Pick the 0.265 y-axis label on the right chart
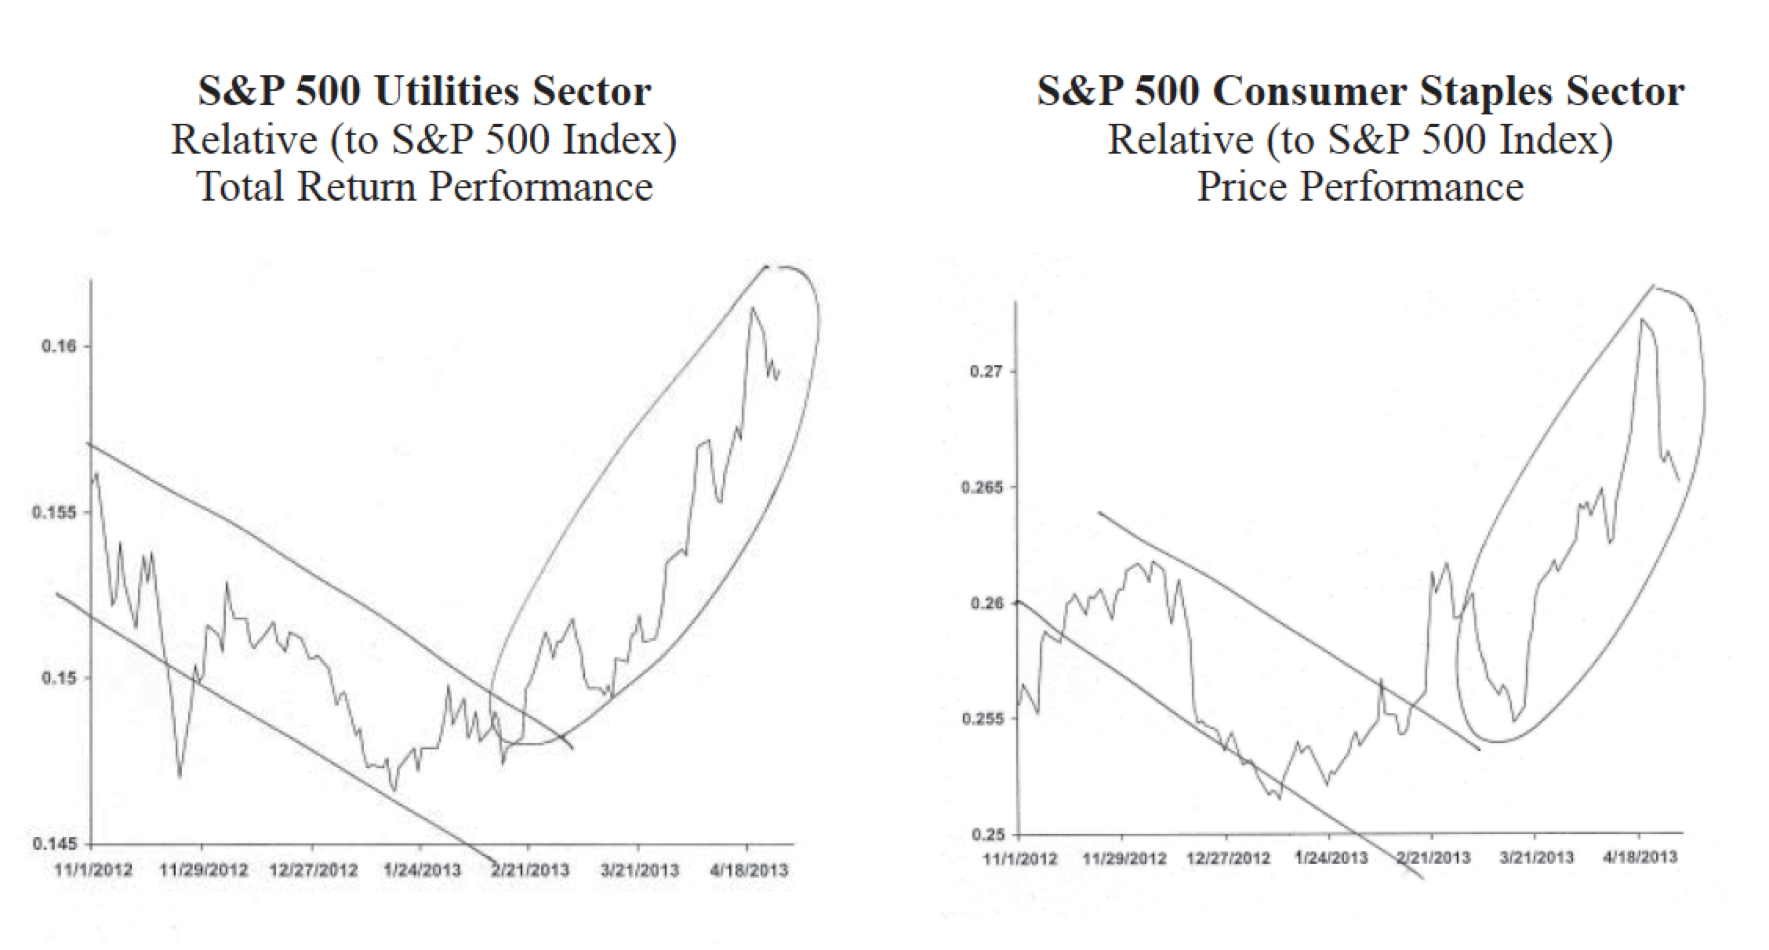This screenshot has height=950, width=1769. click(x=981, y=487)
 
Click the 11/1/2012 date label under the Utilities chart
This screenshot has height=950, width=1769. click(x=94, y=870)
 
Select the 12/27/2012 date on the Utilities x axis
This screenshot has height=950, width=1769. click(x=313, y=870)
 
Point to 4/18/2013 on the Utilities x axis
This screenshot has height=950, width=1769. click(x=749, y=870)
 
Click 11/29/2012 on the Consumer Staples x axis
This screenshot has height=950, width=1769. click(x=1124, y=858)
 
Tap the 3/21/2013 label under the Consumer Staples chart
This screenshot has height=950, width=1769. click(x=1536, y=857)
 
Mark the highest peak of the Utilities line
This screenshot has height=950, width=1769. click(x=752, y=307)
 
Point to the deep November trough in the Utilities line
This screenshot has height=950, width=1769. click(x=180, y=776)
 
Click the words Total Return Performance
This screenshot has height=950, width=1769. click(x=424, y=187)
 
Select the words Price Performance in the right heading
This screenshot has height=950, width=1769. click(x=1360, y=187)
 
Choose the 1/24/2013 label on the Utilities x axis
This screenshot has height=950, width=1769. click(x=422, y=870)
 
